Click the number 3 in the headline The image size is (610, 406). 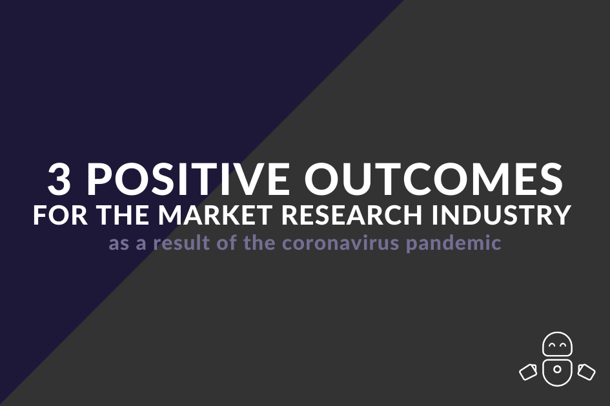pyautogui.click(x=59, y=179)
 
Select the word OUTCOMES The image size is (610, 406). pyautogui.click(x=434, y=179)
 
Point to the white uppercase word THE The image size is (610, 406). pyautogui.click(x=125, y=214)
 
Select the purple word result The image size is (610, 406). pyautogui.click(x=181, y=243)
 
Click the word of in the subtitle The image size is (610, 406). pyautogui.click(x=227, y=243)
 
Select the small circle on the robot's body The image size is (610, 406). pyautogui.click(x=557, y=369)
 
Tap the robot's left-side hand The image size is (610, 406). pyautogui.click(x=529, y=372)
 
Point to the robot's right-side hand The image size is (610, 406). pyautogui.click(x=586, y=372)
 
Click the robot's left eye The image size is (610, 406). pyautogui.click(x=552, y=344)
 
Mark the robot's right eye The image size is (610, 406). pyautogui.click(x=562, y=344)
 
